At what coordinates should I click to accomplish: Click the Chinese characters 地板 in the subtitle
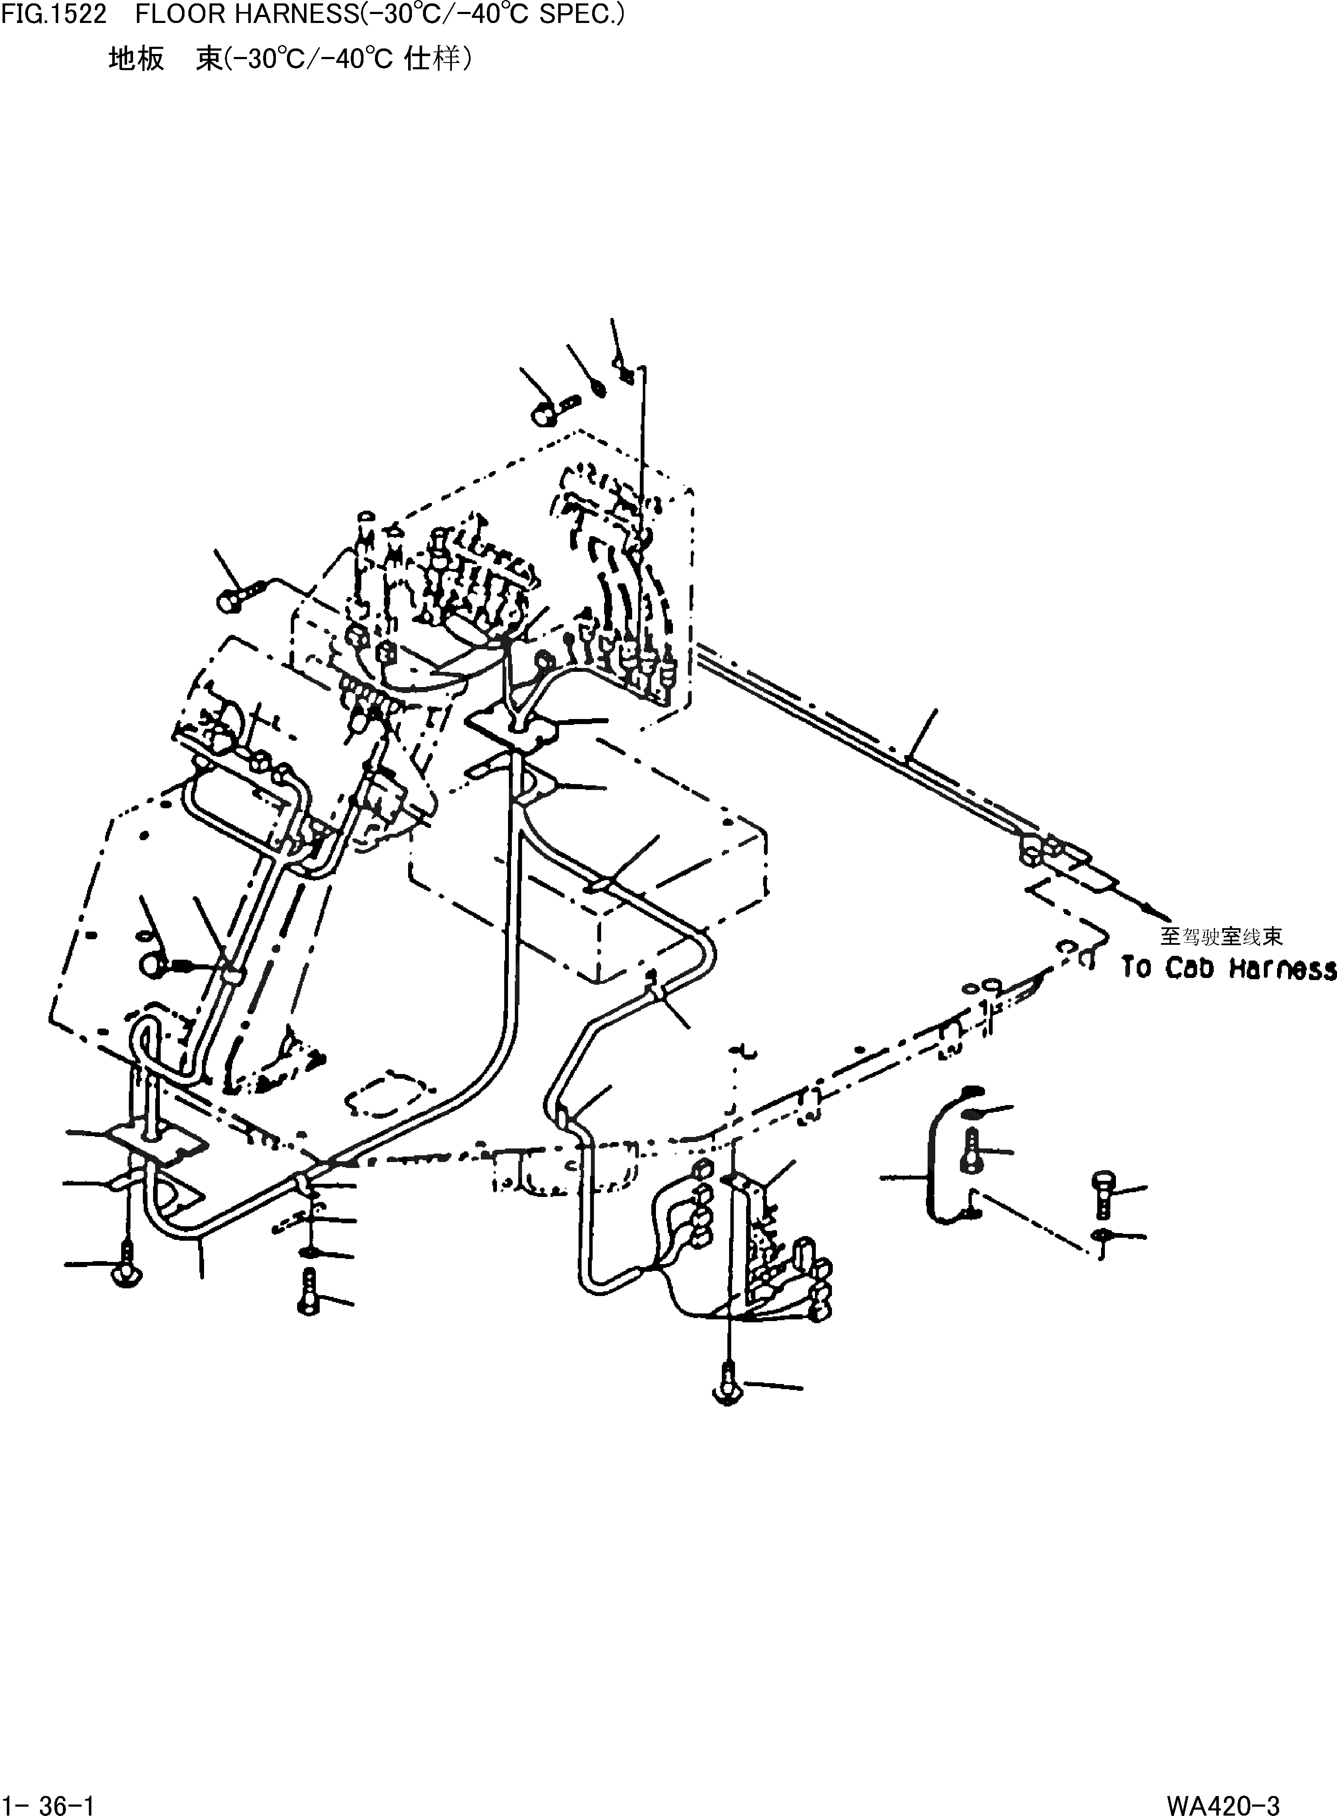[136, 58]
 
